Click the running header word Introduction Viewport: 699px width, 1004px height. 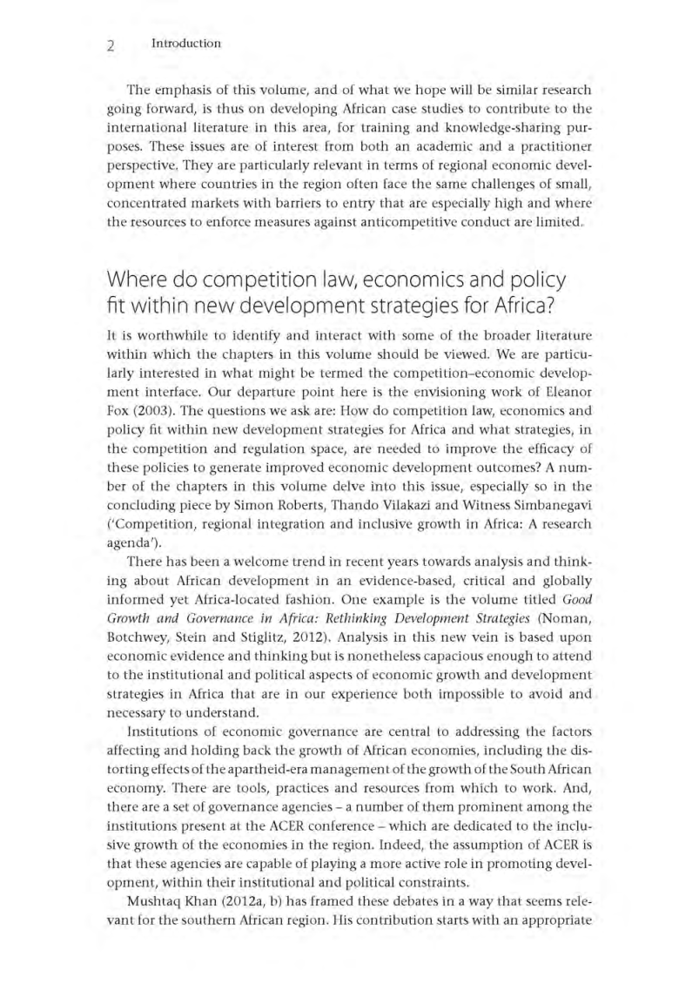pos(185,43)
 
